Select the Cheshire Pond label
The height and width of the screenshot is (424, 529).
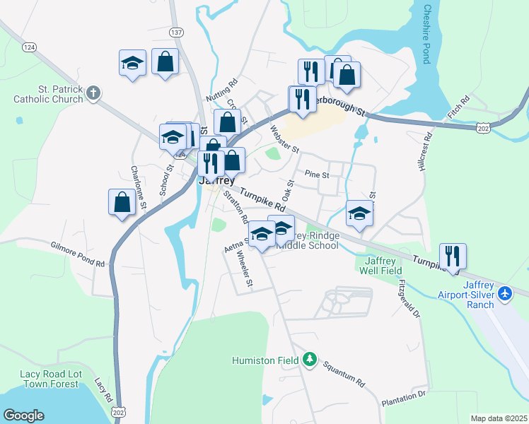coord(426,34)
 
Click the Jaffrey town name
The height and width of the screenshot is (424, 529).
coord(217,180)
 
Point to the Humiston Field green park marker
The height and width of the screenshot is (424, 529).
coord(309,360)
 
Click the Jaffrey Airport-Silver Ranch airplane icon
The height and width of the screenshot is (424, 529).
coord(505,293)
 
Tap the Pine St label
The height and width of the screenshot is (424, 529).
coord(318,173)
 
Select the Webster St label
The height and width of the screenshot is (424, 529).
coord(285,139)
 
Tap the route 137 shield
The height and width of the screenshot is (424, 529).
coord(177,32)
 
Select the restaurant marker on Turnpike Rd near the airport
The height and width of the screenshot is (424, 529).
coord(452,257)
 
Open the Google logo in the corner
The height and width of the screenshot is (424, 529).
coord(24,416)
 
